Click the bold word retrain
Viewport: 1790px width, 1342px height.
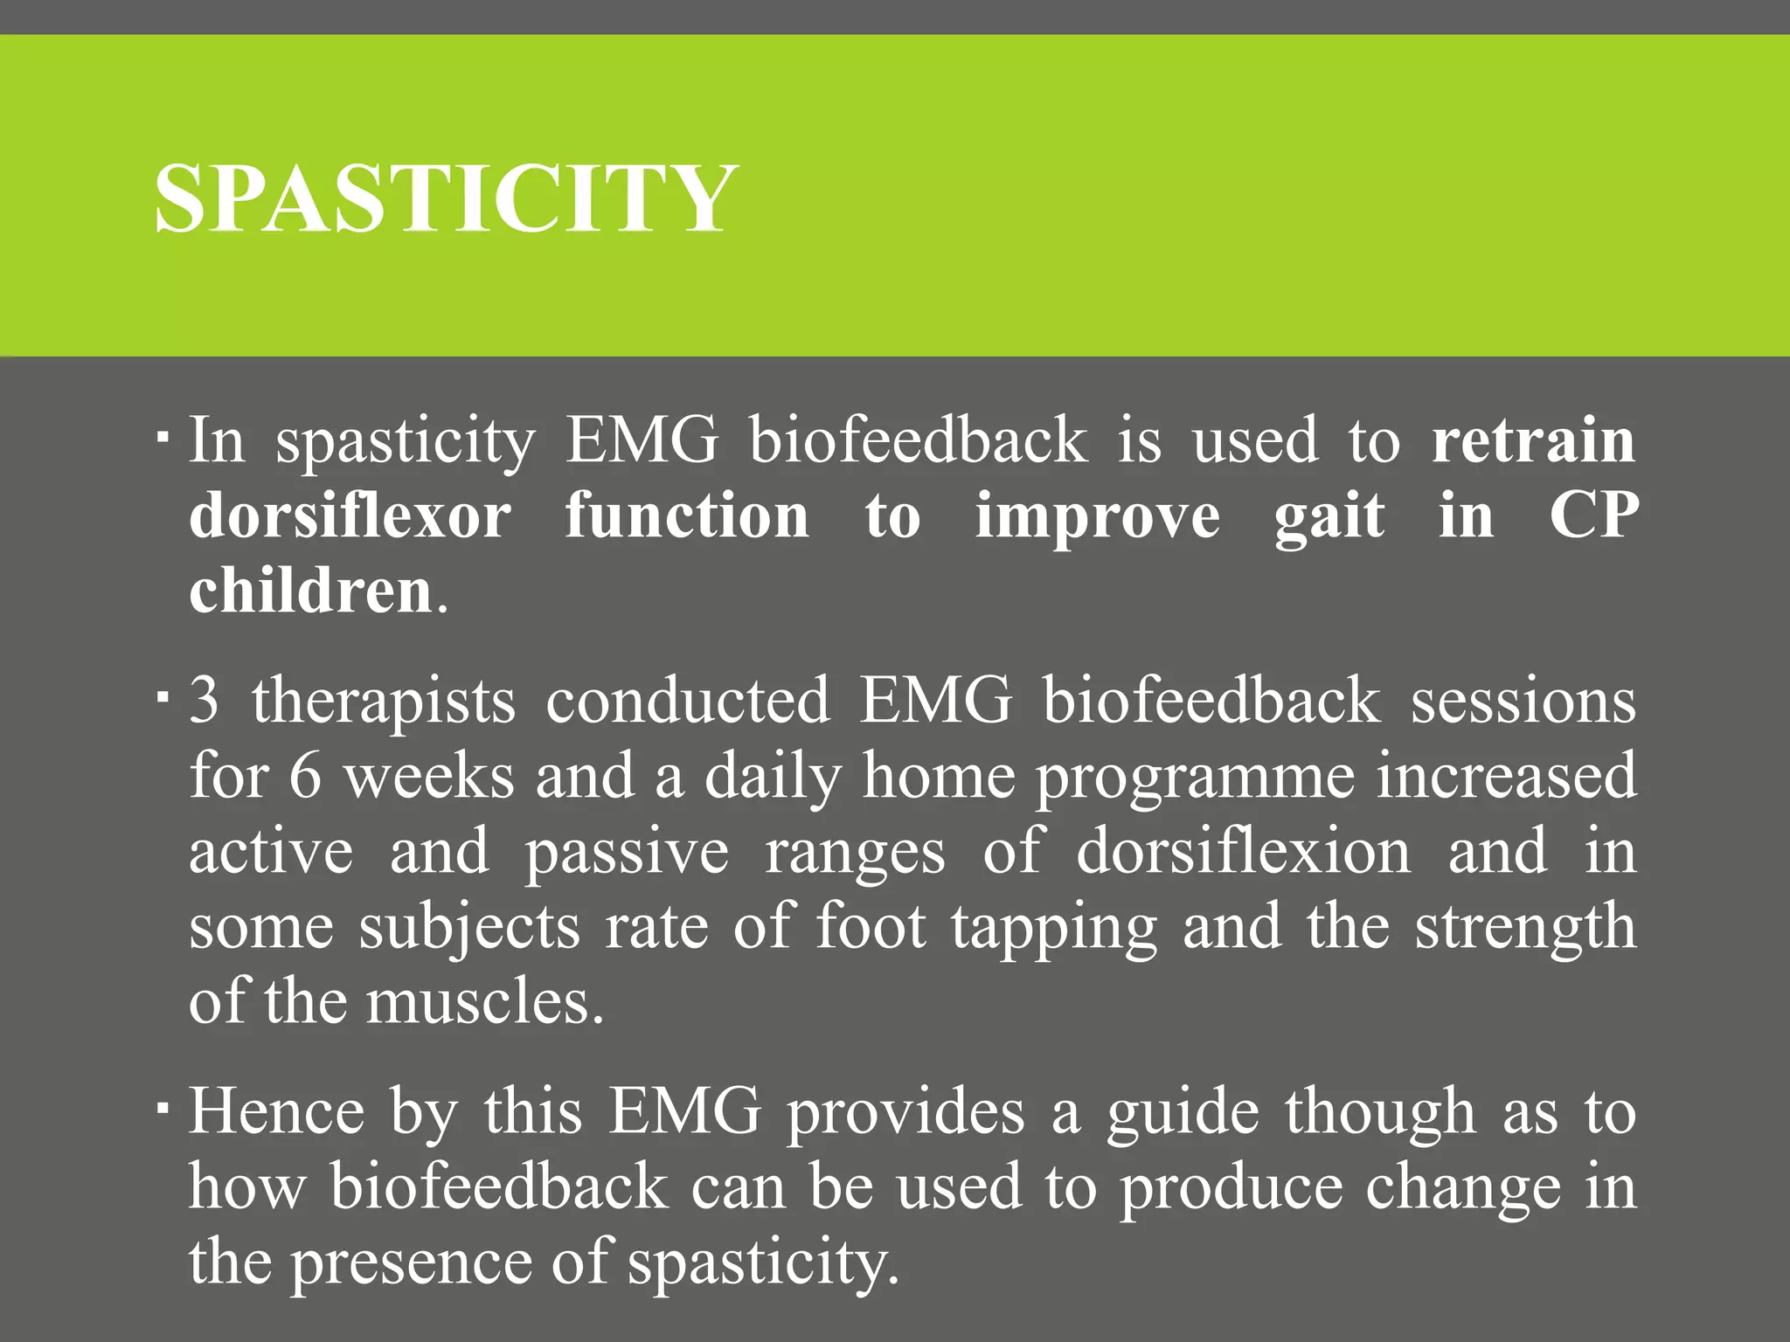coord(1533,439)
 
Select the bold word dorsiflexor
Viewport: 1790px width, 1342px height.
coord(350,515)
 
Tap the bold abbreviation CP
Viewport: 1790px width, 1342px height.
coord(1593,515)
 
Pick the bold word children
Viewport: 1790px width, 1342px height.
coord(311,591)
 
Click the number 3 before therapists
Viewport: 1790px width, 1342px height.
coord(205,700)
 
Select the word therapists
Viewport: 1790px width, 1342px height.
coord(384,702)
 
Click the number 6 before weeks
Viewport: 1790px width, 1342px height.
coord(305,776)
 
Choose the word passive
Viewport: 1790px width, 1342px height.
coord(626,853)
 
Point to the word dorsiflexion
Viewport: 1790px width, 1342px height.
coord(1243,852)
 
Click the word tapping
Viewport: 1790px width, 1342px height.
coord(1054,928)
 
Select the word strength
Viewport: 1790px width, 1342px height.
coord(1525,928)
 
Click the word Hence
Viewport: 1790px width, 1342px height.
coord(277,1112)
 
